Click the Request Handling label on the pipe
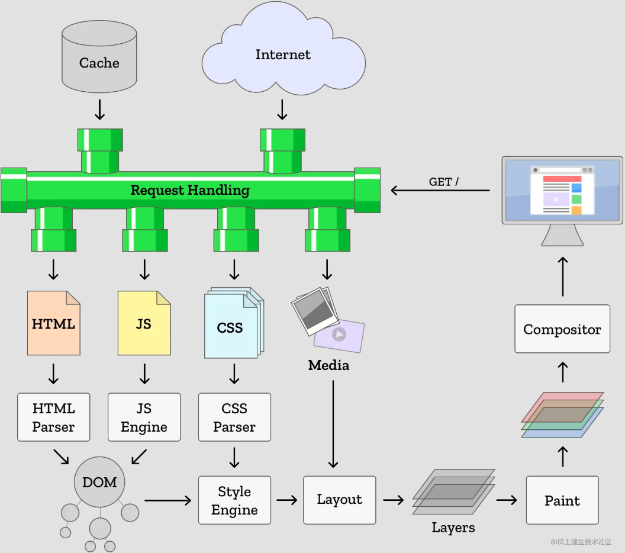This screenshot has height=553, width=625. pos(189,190)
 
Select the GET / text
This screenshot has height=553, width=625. pos(444,182)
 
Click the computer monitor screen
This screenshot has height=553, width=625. pos(562,189)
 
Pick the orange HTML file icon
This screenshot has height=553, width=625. pos(54,323)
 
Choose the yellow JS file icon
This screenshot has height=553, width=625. pos(144,323)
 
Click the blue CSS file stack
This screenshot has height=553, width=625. pos(231,326)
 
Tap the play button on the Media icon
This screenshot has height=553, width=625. pos(339,335)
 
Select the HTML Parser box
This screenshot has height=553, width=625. pos(54,417)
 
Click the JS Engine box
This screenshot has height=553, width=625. pos(144,417)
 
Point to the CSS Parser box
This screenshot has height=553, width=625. pos(234,417)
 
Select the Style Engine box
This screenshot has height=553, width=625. pos(234,500)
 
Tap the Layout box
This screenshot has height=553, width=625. pos(339,500)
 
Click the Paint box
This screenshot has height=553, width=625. pos(562,500)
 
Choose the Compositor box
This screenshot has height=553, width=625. pos(562,329)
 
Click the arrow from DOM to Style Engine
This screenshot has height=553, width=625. pos(168,500)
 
